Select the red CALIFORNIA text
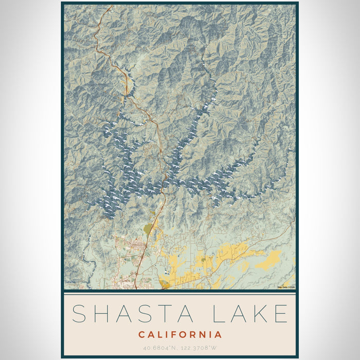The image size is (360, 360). tap(180, 335)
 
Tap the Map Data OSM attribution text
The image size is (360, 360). tap(286, 287)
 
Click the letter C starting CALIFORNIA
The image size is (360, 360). tap(141, 335)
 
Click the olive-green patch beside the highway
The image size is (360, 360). tap(148, 229)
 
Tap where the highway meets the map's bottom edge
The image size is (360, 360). tap(135, 288)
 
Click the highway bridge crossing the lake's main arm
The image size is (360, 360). tap(165, 181)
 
